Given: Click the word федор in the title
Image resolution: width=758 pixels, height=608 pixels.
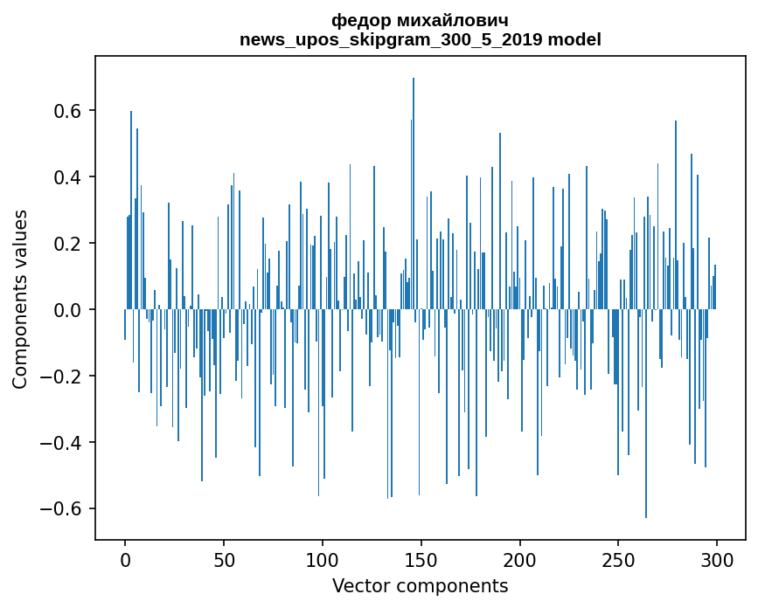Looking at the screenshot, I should pos(356,20).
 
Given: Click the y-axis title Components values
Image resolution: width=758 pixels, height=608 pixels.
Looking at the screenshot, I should pos(20,299).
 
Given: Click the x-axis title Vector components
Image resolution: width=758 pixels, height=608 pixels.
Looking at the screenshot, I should pos(420,585).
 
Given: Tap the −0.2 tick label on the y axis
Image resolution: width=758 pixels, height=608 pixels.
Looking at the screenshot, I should pos(64,377).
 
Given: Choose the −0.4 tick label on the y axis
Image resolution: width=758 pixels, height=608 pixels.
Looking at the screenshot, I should pos(64,443).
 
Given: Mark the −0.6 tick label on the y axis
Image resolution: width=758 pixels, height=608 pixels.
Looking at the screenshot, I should pos(64,509).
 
